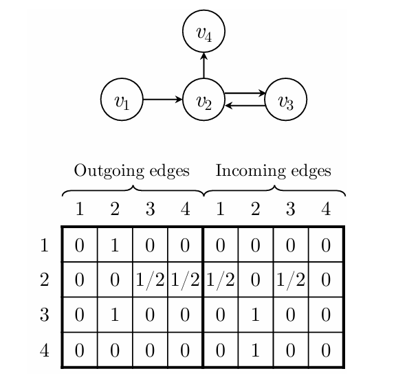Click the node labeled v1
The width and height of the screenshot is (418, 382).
click(122, 100)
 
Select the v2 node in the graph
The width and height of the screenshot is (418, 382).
click(203, 100)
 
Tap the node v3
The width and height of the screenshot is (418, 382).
click(285, 100)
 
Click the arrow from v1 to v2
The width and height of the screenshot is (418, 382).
click(162, 100)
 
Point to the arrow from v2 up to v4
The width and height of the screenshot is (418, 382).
click(203, 67)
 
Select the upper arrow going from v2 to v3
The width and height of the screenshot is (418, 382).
click(245, 93)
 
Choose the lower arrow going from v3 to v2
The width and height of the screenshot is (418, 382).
click(245, 106)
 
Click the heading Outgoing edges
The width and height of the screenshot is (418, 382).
click(131, 170)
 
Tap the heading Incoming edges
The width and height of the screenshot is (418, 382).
click(273, 170)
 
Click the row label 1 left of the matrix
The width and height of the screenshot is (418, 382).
click(45, 245)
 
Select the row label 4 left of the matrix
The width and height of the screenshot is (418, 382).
click(45, 350)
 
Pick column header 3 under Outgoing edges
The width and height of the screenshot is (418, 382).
click(150, 209)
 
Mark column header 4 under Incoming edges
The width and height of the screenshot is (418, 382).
click(326, 209)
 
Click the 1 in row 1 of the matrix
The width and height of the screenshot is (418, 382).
click(115, 245)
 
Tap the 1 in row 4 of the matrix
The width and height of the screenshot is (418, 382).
click(256, 350)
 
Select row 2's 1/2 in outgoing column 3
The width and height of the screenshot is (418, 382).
click(150, 280)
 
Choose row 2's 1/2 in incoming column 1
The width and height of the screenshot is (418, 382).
click(221, 280)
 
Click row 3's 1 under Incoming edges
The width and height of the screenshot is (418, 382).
click(256, 315)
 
